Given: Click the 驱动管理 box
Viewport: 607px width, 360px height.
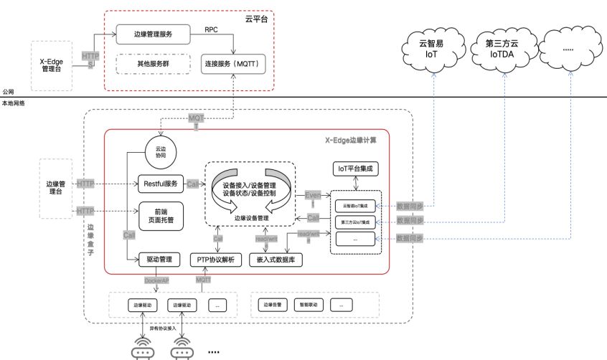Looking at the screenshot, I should pyautogui.click(x=160, y=260).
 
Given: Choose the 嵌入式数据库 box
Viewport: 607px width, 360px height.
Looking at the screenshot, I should pyautogui.click(x=276, y=260).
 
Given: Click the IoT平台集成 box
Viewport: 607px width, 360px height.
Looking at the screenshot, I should pyautogui.click(x=356, y=169).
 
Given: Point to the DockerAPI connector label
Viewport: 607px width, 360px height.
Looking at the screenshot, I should pyautogui.click(x=156, y=280).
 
